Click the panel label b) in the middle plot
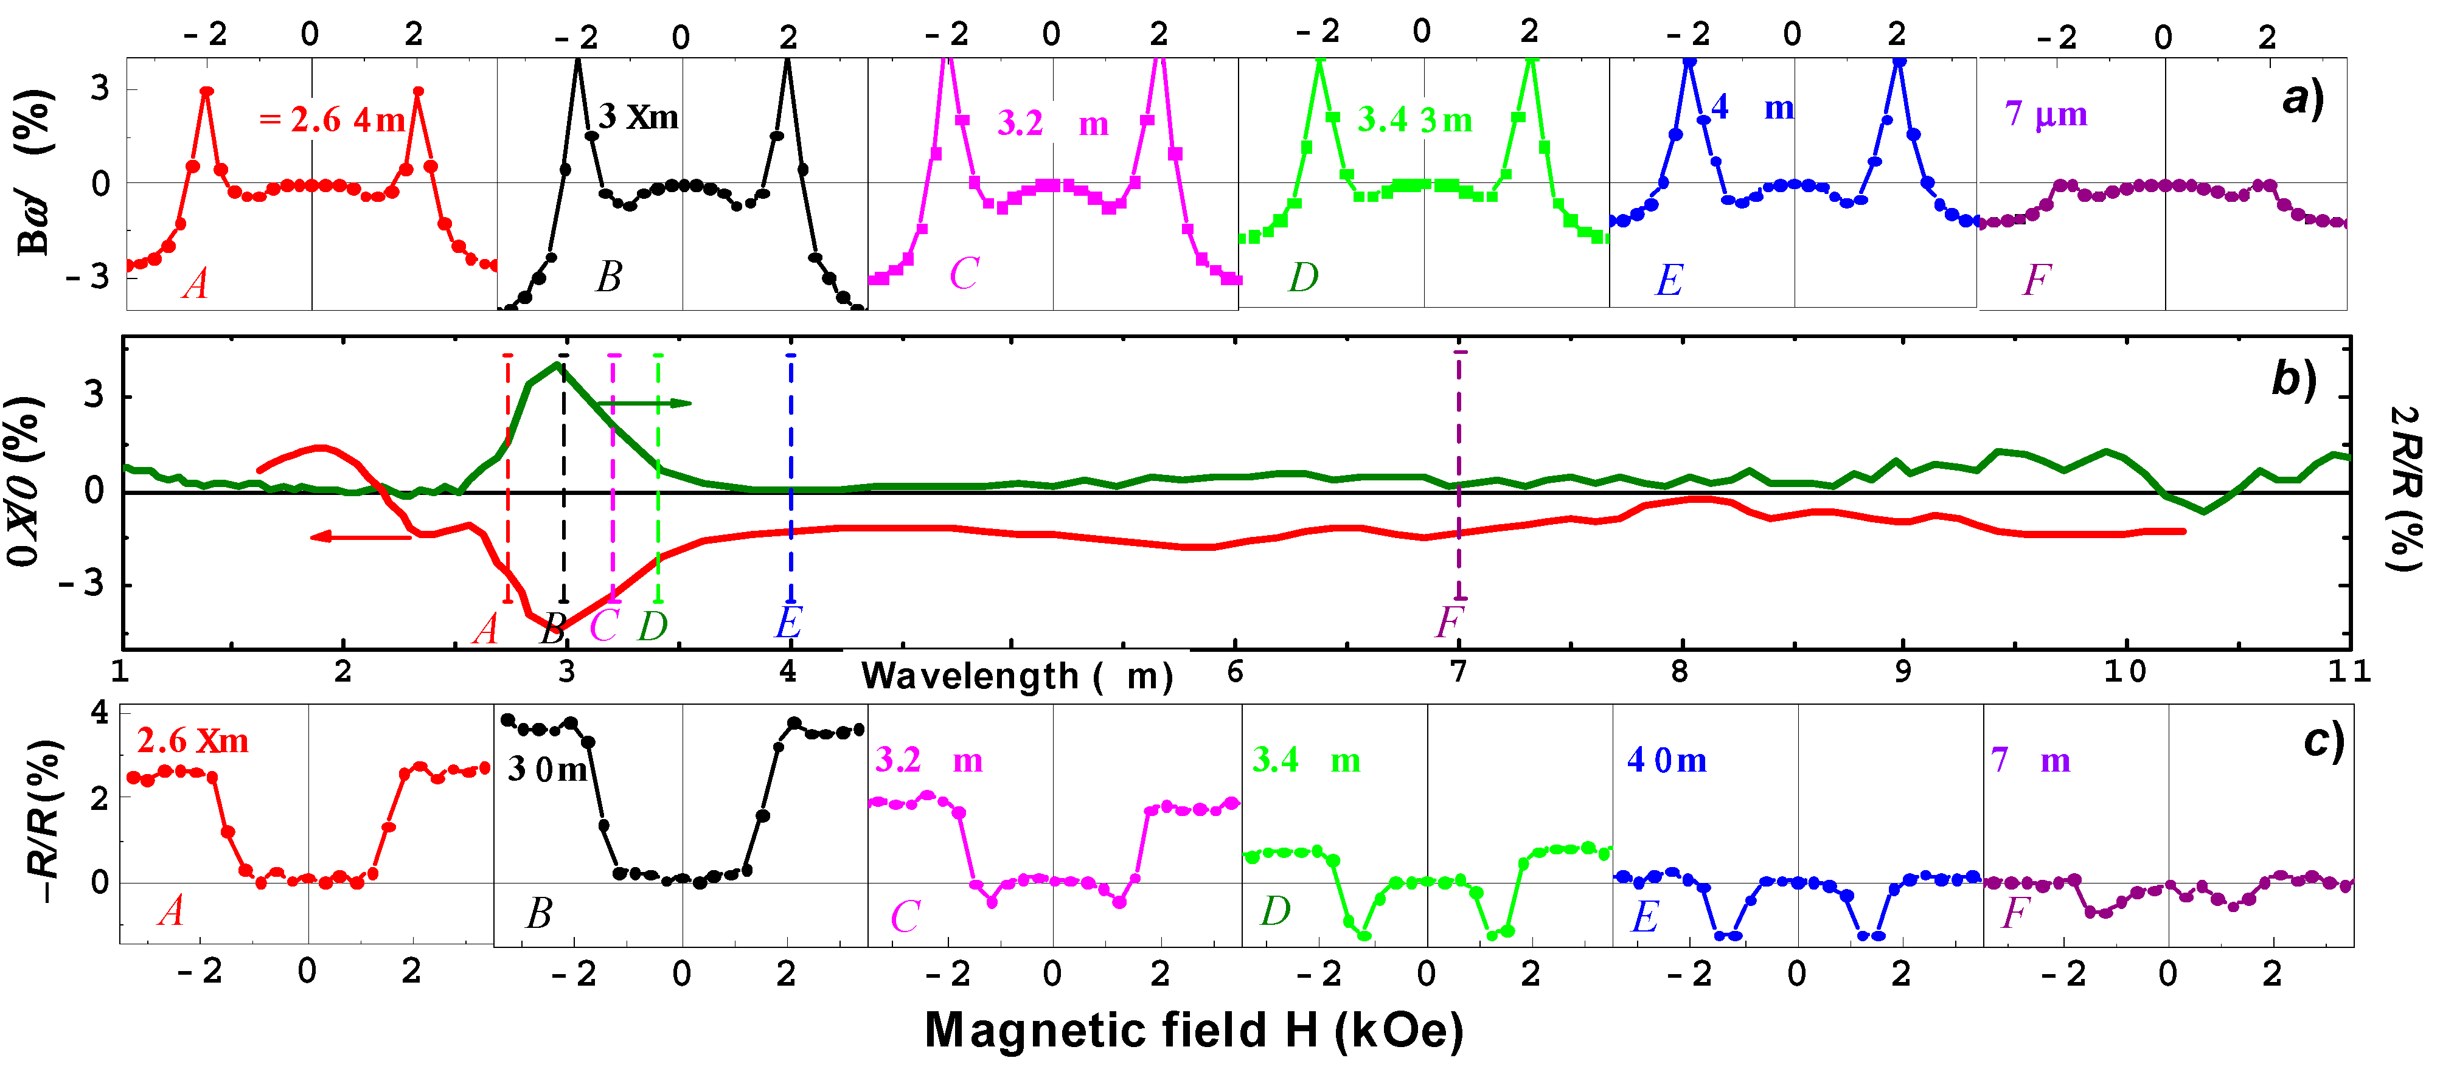(2293, 379)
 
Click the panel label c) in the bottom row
(2323, 741)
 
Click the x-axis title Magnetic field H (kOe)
(1194, 1030)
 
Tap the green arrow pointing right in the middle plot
(653, 403)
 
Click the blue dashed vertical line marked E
(791, 478)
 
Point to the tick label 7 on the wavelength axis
(1459, 671)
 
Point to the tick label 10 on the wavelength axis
(2124, 671)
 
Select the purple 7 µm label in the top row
(2046, 114)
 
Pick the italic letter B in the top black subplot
(609, 277)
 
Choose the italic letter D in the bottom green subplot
(1275, 911)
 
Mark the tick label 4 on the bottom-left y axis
(99, 712)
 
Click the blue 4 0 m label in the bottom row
(1666, 761)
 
